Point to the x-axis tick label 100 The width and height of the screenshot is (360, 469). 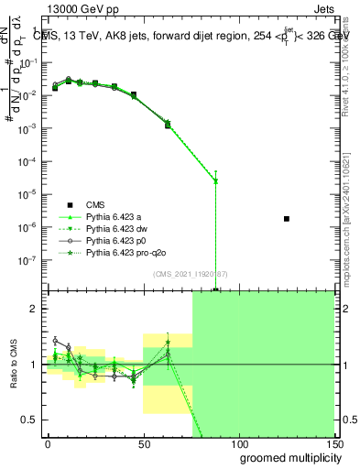click(x=239, y=443)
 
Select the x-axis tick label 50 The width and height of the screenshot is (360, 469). click(x=143, y=443)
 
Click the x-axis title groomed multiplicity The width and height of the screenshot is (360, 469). click(x=283, y=457)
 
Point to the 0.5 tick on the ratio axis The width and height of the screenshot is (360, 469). click(x=33, y=420)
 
